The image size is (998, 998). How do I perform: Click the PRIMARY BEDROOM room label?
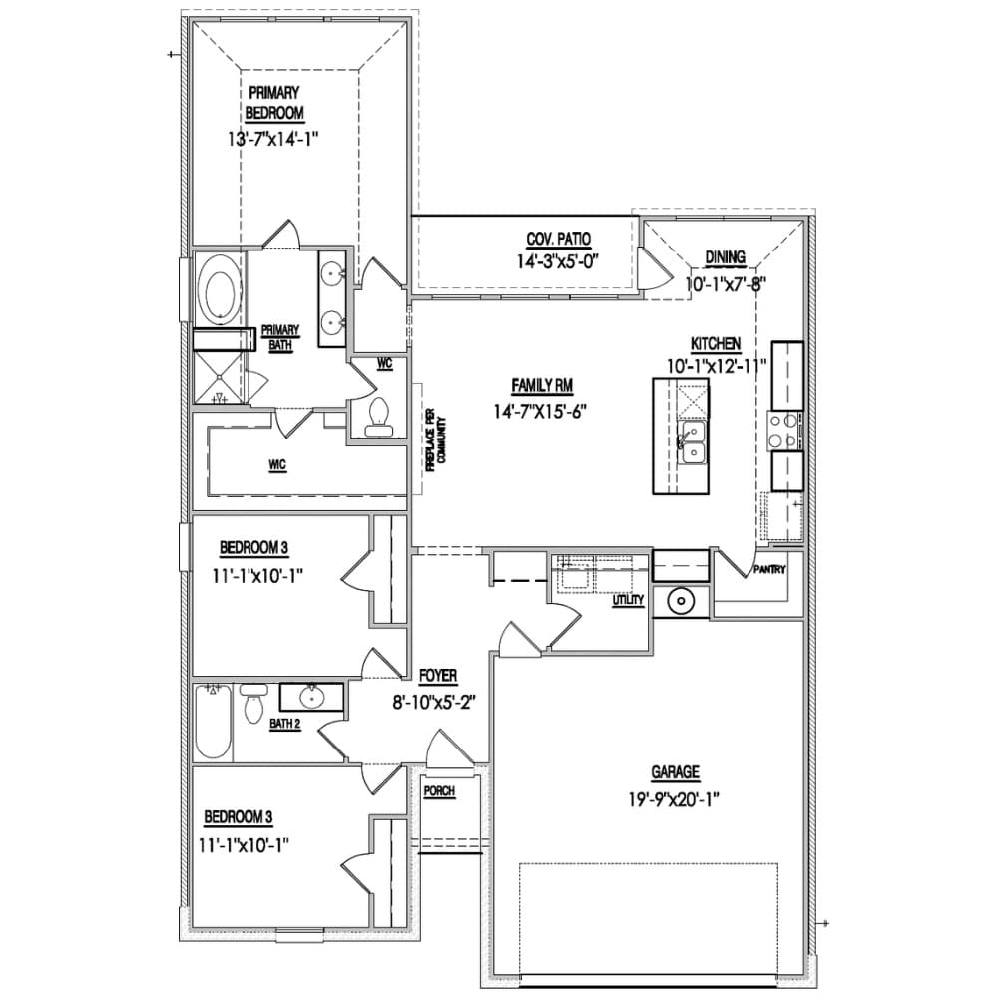pos(274,103)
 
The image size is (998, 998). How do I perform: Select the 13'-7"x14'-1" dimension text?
pos(273,138)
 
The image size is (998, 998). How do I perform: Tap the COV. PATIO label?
pos(558,240)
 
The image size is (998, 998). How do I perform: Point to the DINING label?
pos(725,257)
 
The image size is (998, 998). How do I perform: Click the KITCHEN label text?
pos(716,344)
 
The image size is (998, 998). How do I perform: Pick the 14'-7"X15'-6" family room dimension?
pos(540,411)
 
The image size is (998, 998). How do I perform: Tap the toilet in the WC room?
pos(378,417)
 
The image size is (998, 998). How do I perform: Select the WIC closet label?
pos(277,465)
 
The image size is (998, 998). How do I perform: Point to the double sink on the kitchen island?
pos(692,443)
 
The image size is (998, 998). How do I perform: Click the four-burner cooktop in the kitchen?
pos(784,430)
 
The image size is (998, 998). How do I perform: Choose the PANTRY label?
pos(769,569)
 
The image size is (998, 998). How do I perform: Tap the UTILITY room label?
pos(628,600)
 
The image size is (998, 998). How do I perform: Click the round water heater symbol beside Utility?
pos(681,601)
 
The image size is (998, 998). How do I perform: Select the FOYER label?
pos(438,676)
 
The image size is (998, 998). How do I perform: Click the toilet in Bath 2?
pos(253,704)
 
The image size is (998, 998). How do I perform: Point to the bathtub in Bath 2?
pos(213,722)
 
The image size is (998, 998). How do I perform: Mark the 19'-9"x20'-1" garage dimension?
pos(674,799)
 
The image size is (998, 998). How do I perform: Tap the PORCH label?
pos(439,791)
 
